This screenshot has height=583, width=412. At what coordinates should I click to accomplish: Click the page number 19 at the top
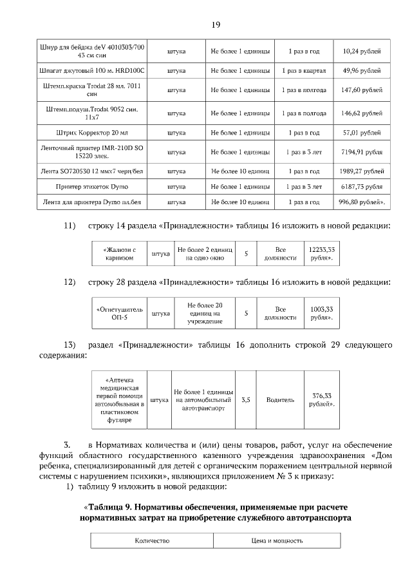[215, 24]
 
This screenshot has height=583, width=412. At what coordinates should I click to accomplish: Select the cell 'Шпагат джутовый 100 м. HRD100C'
[92, 70]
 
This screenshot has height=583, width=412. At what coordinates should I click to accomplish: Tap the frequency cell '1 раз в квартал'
[304, 70]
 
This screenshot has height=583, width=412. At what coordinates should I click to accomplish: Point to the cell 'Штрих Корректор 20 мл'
[92, 133]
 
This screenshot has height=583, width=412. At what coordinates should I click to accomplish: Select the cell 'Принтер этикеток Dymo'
[92, 187]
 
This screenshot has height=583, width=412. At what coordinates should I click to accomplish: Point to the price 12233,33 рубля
[322, 253]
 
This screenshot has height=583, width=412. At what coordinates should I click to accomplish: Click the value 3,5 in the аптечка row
[245, 399]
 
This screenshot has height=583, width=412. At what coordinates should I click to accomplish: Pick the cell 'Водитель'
[280, 399]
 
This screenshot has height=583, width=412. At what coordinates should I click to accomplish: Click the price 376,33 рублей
[321, 399]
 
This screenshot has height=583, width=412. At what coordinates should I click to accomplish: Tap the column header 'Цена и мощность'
[277, 540]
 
